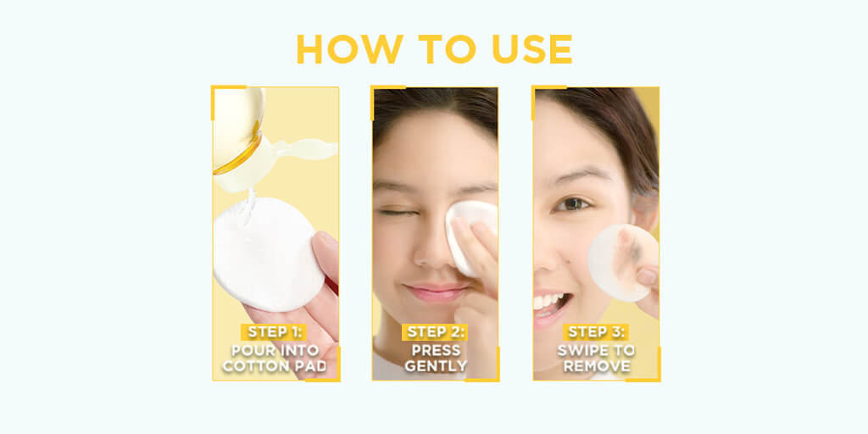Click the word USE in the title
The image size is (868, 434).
tap(531, 48)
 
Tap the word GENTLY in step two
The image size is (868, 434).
tap(437, 366)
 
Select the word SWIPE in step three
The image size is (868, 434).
tap(580, 350)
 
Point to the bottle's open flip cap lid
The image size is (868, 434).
tap(305, 149)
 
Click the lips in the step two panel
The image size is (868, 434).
tap(436, 292)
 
